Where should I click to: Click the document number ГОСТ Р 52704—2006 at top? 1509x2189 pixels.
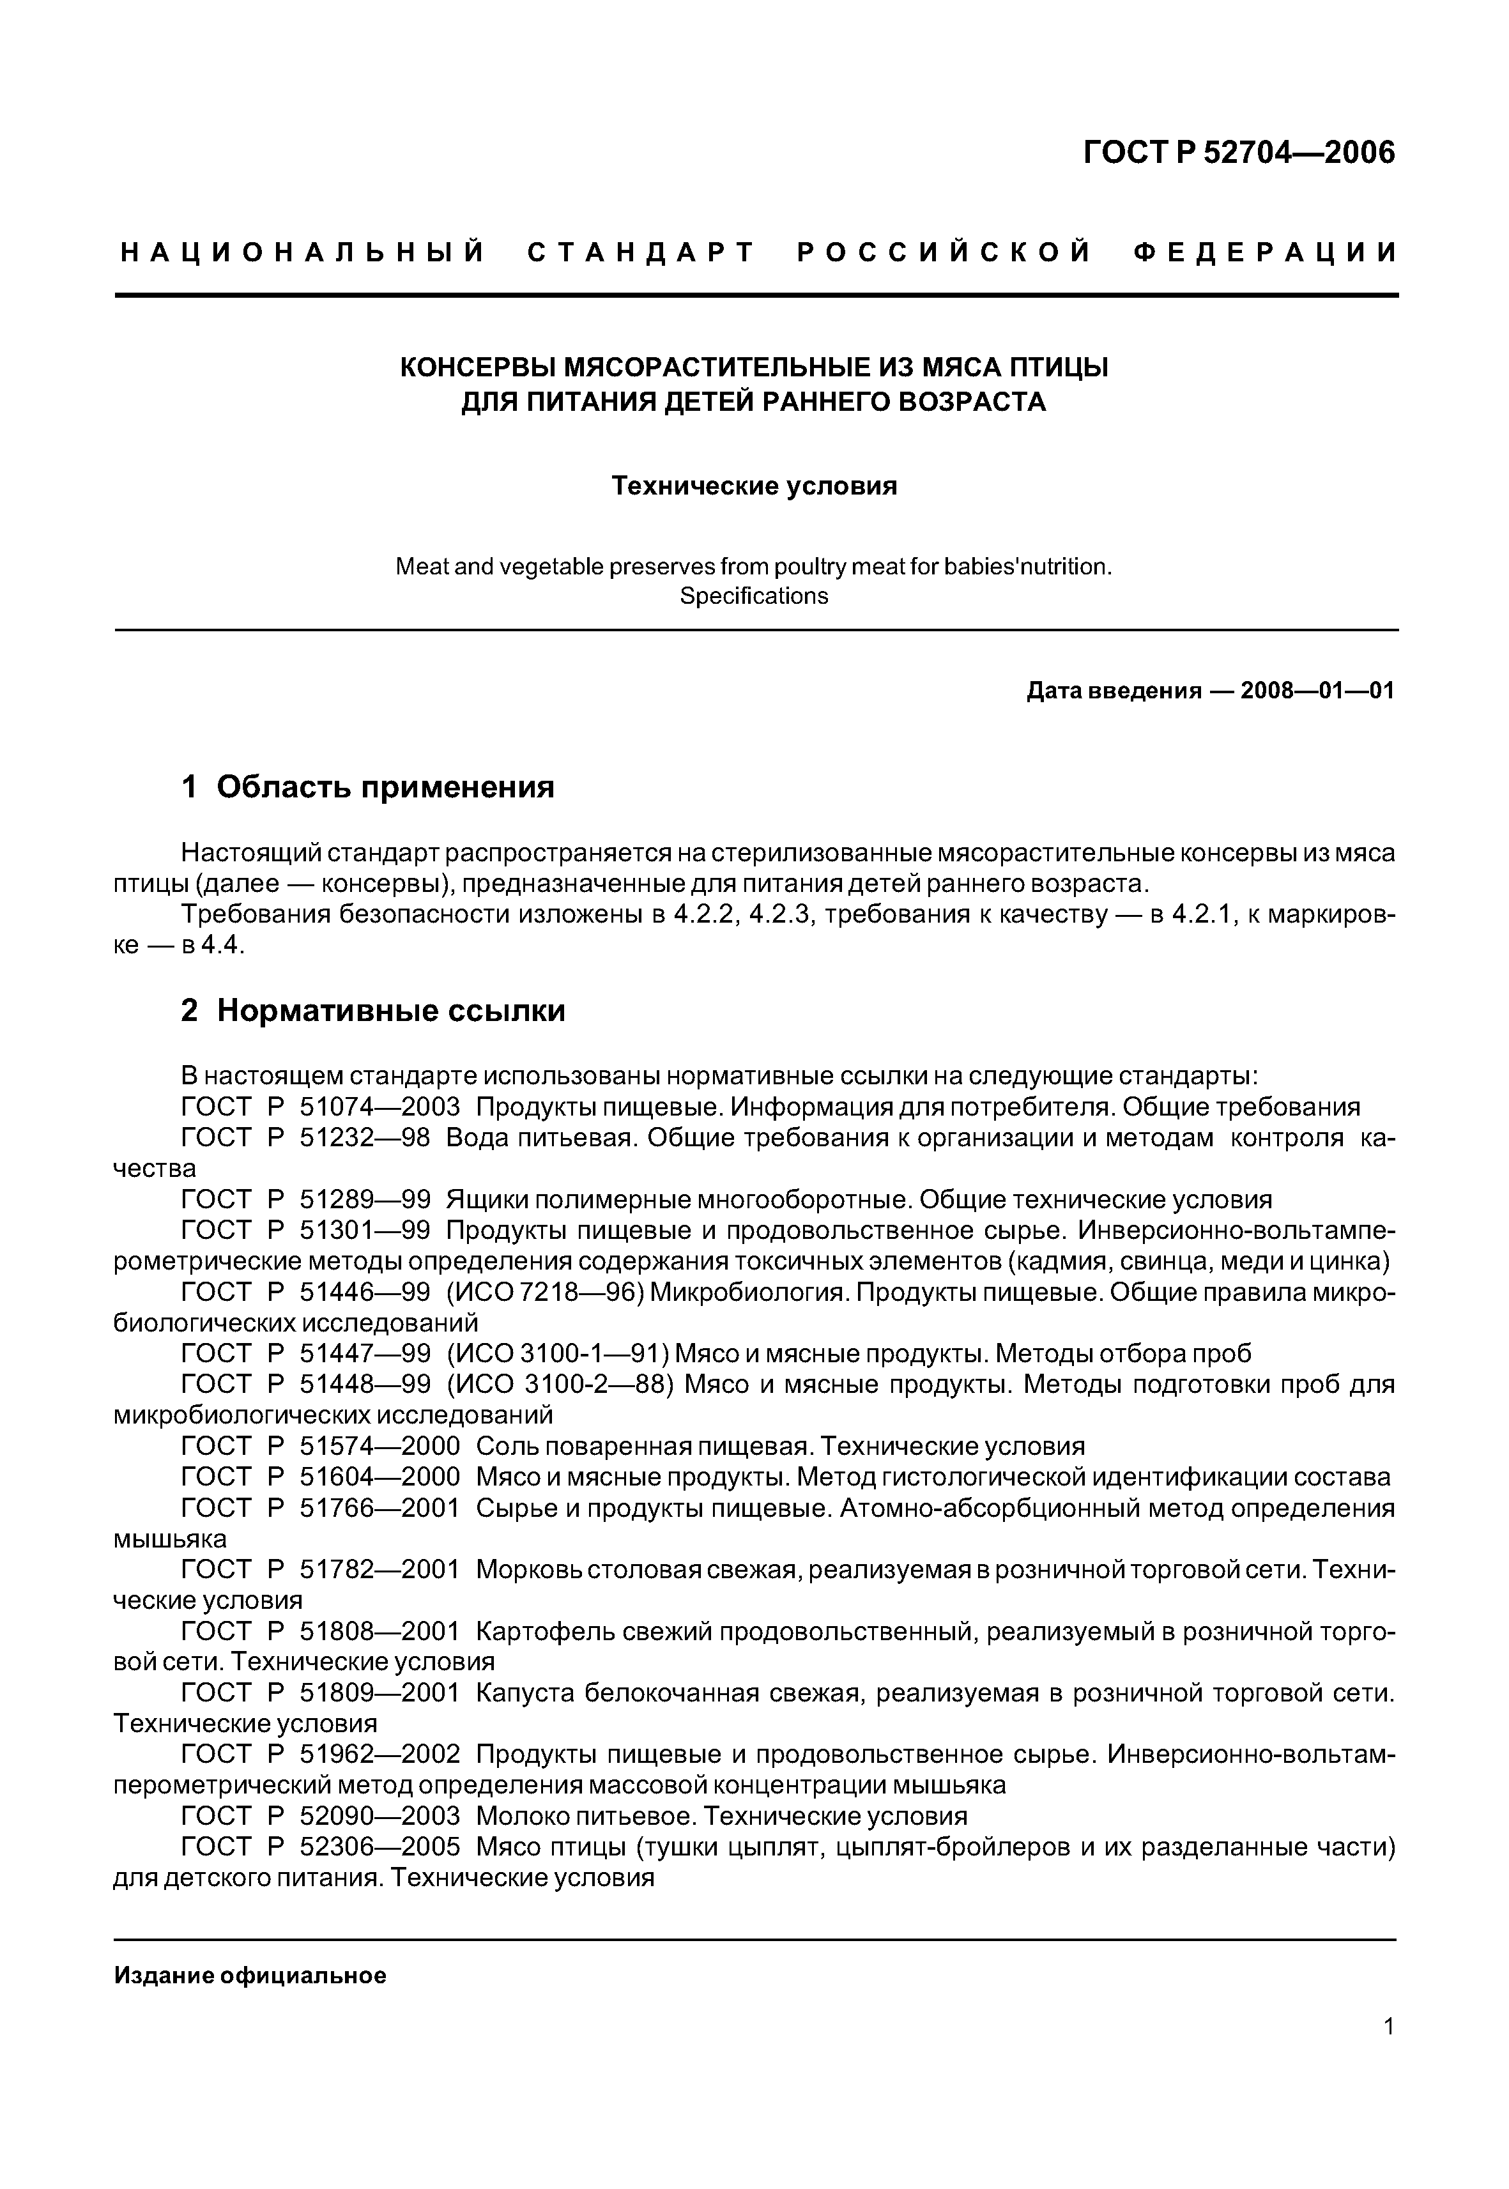pos(1239,152)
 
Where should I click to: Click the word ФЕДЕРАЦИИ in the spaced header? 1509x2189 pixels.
pos(1264,252)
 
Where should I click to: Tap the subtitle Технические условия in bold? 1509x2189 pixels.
pos(754,486)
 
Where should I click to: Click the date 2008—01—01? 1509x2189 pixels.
pos(1317,691)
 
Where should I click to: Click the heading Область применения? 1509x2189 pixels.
pos(385,787)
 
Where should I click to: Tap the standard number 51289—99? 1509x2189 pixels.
pos(364,1200)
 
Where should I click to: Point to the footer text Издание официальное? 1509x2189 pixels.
pos(250,1976)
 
